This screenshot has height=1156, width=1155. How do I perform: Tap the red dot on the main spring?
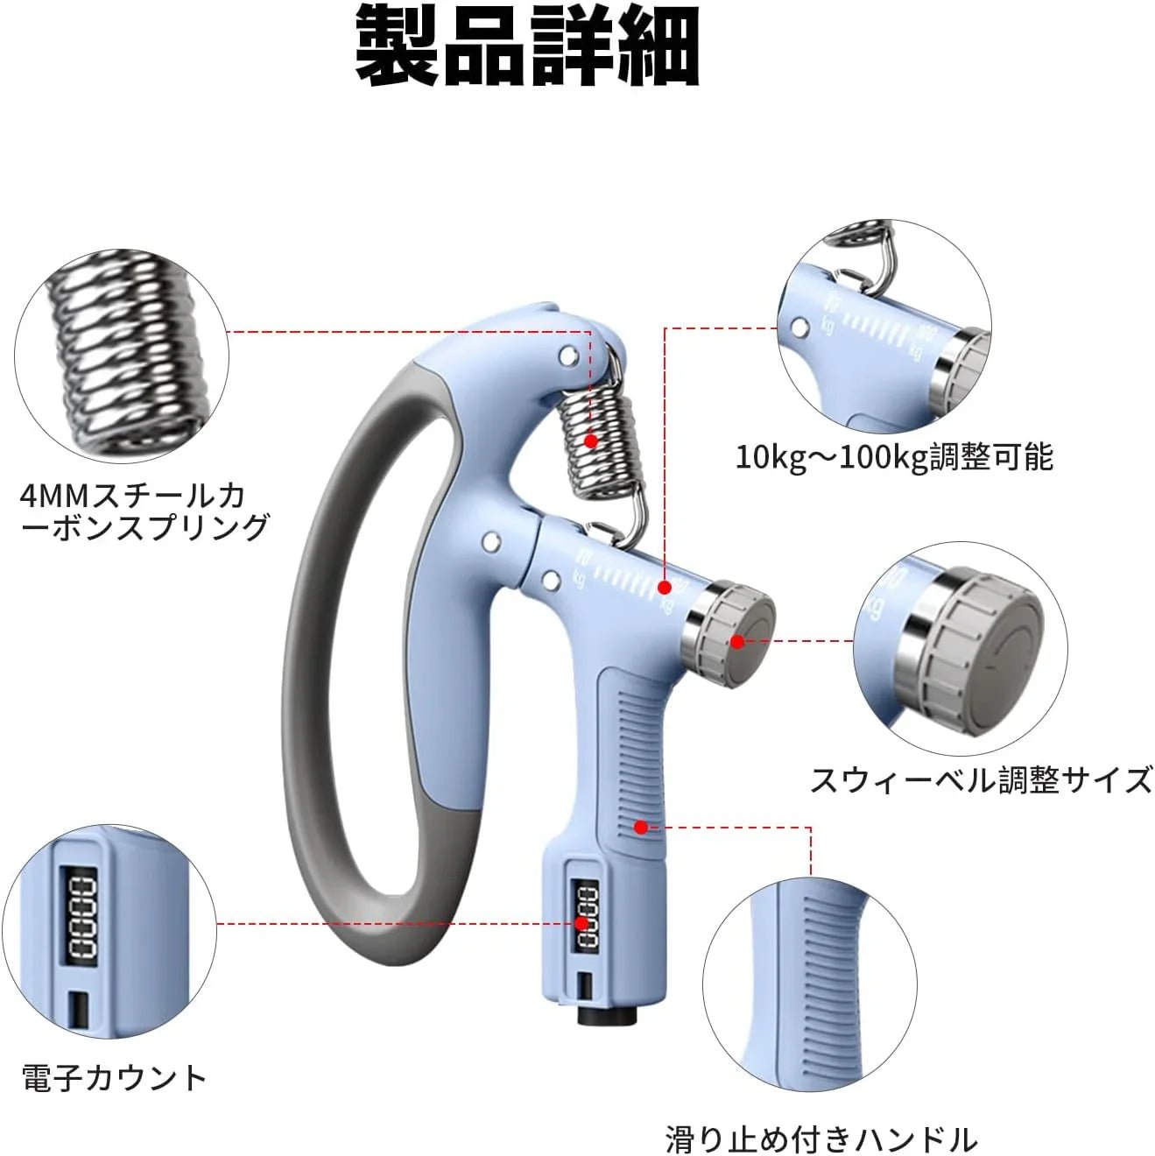pyautogui.click(x=591, y=441)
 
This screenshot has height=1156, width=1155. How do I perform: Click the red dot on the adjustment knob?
pyautogui.click(x=737, y=642)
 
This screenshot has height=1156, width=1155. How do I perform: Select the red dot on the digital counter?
pyautogui.click(x=581, y=923)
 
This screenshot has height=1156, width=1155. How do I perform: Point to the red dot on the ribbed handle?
pyautogui.click(x=641, y=827)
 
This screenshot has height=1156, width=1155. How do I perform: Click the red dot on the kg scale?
pyautogui.click(x=665, y=588)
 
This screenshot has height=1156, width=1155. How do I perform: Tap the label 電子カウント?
pyautogui.click(x=114, y=1077)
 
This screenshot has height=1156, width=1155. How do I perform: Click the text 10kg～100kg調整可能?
pyautogui.click(x=893, y=457)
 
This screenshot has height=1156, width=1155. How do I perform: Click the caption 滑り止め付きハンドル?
pyautogui.click(x=820, y=1139)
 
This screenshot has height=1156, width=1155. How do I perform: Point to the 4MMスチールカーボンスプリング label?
pyautogui.click(x=144, y=511)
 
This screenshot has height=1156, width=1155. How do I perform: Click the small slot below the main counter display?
pyautogui.click(x=582, y=987)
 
